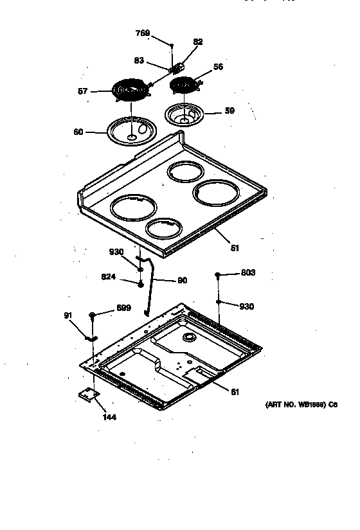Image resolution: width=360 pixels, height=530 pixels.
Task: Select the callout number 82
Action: tap(198, 42)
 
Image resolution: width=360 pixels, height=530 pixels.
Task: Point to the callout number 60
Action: tap(78, 132)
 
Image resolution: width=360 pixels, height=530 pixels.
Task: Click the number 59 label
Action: tap(230, 110)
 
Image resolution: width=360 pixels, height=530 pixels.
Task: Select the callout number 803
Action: tap(248, 273)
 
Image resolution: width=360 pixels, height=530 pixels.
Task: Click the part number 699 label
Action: tap(123, 308)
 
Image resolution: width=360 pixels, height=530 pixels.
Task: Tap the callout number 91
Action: tap(68, 315)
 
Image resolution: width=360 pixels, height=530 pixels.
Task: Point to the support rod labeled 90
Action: tap(152, 283)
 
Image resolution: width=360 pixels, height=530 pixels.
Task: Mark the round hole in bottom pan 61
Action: tap(189, 337)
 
